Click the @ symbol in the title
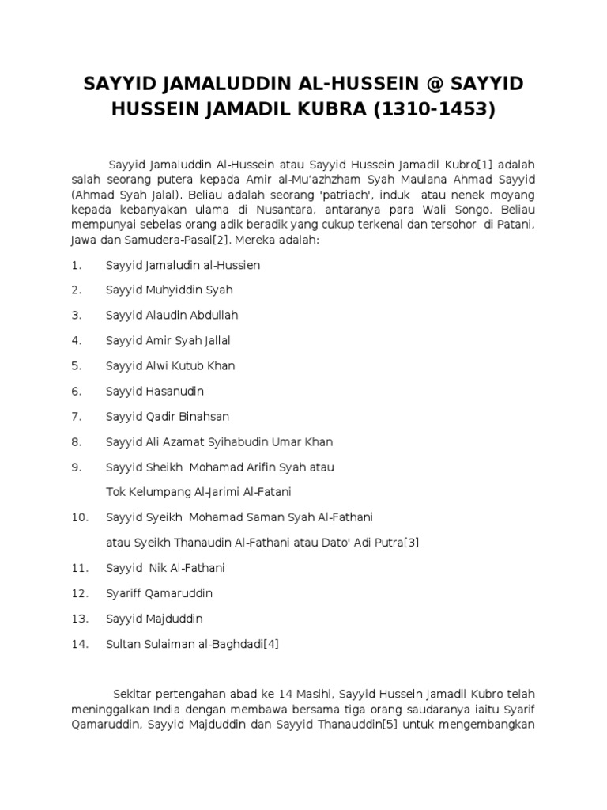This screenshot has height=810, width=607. pyautogui.click(x=417, y=85)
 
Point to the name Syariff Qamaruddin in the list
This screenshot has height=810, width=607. pyautogui.click(x=160, y=592)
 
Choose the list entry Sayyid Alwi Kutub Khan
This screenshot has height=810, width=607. pyautogui.click(x=171, y=365)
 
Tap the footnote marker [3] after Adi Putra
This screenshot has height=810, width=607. pyautogui.click(x=411, y=542)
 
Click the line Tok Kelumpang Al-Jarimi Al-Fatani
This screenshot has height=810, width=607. pyautogui.click(x=199, y=491)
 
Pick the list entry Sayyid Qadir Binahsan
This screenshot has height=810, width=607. pyautogui.click(x=168, y=416)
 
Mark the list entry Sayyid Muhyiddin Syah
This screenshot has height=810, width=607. pyautogui.click(x=170, y=290)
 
